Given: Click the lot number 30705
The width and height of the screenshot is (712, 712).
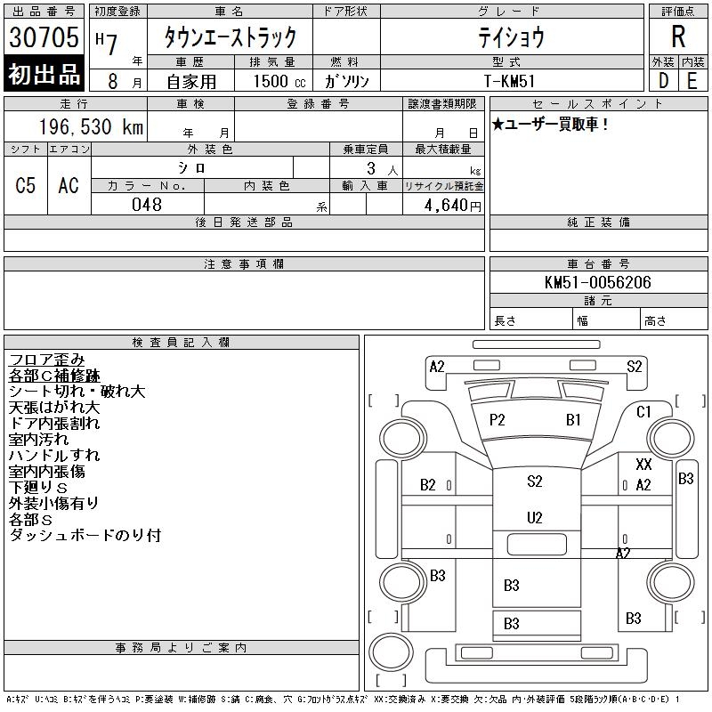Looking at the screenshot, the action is pyautogui.click(x=44, y=37).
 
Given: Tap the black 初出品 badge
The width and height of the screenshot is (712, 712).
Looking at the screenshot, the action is pyautogui.click(x=44, y=75).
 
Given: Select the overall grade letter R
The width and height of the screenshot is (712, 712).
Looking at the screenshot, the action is pyautogui.click(x=678, y=37).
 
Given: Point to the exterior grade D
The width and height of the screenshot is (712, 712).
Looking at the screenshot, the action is pyautogui.click(x=664, y=79).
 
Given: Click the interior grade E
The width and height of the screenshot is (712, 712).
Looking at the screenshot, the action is pyautogui.click(x=692, y=79).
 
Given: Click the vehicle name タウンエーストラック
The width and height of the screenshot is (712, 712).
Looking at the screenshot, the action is pyautogui.click(x=229, y=37).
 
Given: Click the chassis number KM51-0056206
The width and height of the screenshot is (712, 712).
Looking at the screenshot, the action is pyautogui.click(x=597, y=282).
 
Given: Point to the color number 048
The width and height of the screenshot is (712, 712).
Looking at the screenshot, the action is pyautogui.click(x=147, y=205).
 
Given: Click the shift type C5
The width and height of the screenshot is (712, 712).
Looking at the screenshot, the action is pyautogui.click(x=26, y=185).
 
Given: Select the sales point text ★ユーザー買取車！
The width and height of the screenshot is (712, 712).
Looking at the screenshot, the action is pyautogui.click(x=551, y=125).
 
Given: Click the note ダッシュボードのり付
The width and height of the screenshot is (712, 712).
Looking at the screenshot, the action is pyautogui.click(x=85, y=536).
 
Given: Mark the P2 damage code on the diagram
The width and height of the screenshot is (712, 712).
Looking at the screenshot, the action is pyautogui.click(x=498, y=420).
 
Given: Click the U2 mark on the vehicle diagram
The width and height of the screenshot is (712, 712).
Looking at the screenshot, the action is pyautogui.click(x=534, y=517).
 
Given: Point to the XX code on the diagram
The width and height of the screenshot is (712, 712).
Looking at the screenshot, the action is pyautogui.click(x=643, y=465).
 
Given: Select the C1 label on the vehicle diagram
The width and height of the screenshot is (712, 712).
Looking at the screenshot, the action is pyautogui.click(x=643, y=411).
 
